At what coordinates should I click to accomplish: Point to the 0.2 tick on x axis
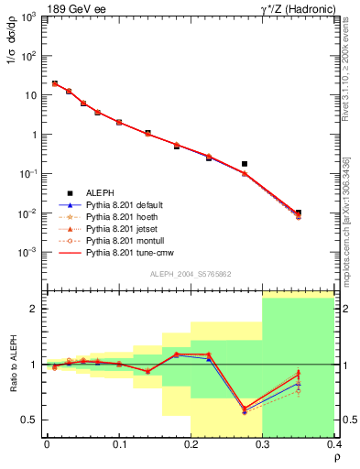tap(191, 445)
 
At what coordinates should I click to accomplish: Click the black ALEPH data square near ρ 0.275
tap(245, 164)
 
